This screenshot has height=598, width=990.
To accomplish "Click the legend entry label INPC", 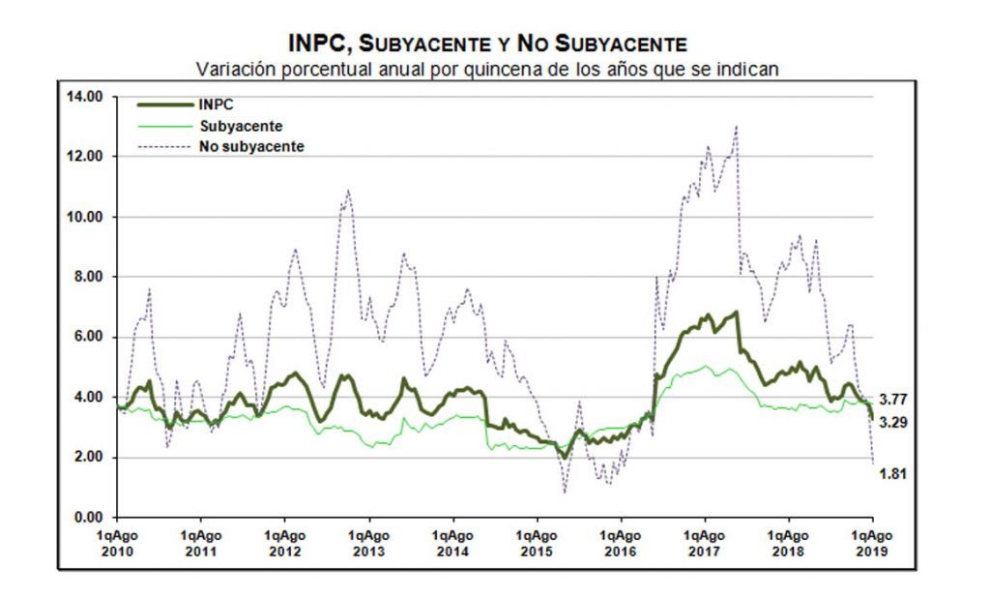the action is click(x=216, y=105).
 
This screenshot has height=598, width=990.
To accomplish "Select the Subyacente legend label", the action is click(x=241, y=126).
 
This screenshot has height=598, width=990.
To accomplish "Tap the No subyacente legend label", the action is click(x=252, y=147).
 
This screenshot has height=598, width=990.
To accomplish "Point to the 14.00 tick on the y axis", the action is click(x=85, y=97).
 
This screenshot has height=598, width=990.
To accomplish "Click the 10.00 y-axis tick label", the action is click(x=85, y=217).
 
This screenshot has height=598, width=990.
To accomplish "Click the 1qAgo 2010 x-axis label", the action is click(x=117, y=544).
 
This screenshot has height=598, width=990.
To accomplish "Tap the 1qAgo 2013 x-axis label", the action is click(x=368, y=544).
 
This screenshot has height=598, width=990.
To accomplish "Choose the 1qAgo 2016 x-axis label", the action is click(x=621, y=544).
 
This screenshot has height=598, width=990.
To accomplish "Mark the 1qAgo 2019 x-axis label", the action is click(x=872, y=544).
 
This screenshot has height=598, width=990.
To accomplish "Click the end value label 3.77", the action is click(x=892, y=400).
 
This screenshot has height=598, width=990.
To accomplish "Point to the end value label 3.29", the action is click(x=892, y=422).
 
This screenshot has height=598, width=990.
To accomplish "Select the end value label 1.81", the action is click(x=892, y=473).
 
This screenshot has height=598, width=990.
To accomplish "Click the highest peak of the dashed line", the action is click(x=736, y=127).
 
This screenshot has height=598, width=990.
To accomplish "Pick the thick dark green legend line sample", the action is click(x=164, y=105).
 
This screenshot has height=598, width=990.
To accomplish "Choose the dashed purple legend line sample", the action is click(x=164, y=147).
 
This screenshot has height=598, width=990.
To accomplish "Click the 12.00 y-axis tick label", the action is click(x=85, y=157).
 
